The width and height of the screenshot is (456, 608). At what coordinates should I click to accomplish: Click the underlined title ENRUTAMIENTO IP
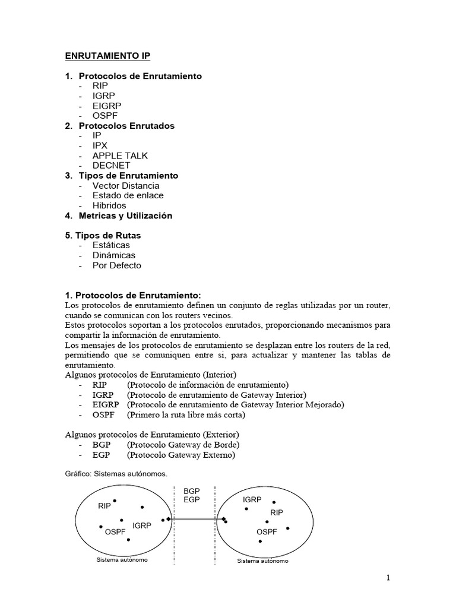107,56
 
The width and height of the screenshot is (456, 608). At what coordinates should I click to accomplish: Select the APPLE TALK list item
120,156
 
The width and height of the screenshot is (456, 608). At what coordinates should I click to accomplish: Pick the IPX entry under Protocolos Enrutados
100,145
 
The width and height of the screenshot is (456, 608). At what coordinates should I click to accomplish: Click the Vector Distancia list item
126,186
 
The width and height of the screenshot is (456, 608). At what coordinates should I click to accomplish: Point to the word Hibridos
109,205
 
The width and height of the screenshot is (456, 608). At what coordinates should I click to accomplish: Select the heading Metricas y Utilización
125,216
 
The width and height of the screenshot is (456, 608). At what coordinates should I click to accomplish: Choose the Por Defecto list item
117,265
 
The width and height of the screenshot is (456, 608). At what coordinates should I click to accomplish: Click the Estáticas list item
111,245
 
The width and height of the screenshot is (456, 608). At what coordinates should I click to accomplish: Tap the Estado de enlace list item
128,195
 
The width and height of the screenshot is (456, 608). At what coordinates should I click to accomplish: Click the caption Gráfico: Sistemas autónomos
116,474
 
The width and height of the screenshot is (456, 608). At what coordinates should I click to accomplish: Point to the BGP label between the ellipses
192,491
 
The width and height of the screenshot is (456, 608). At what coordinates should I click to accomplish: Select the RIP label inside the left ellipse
104,506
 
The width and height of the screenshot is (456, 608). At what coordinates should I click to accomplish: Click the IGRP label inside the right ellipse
252,500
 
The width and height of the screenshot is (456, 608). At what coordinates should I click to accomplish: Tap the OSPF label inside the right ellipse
267,531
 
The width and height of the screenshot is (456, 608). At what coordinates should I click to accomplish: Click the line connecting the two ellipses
196,519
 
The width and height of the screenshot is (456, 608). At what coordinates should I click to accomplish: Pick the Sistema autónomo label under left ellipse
122,560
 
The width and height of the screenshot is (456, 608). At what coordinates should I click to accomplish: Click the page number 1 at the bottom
388,577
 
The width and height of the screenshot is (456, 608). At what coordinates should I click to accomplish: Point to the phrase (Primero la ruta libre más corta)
186,415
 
